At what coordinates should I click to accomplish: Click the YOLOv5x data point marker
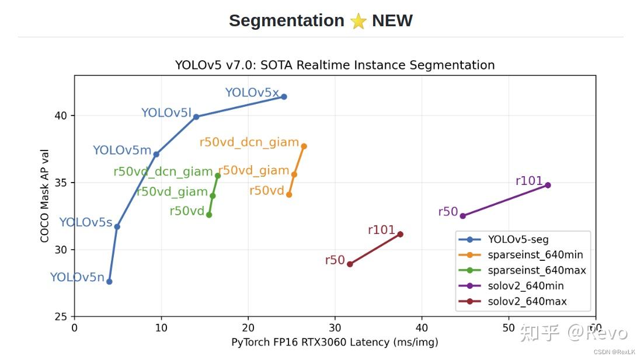click(x=284, y=97)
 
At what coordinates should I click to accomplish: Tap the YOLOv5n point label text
click(x=76, y=278)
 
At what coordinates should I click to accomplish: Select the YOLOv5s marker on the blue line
click(x=117, y=226)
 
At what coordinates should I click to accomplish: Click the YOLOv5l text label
click(x=166, y=113)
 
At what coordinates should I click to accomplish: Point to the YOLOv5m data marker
click(x=156, y=154)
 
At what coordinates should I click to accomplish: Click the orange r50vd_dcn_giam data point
click(x=304, y=146)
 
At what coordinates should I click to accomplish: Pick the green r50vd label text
click(x=187, y=211)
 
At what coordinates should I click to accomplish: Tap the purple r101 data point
click(x=548, y=185)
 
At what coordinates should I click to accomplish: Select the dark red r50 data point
click(x=350, y=264)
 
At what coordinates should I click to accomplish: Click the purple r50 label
click(x=448, y=212)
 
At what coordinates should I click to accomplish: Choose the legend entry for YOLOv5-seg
click(x=518, y=240)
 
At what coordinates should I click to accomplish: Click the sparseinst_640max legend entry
click(x=537, y=270)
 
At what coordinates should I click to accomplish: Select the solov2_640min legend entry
click(x=525, y=286)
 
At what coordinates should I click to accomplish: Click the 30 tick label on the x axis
click(x=335, y=328)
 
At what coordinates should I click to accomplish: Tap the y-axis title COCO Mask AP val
click(x=45, y=196)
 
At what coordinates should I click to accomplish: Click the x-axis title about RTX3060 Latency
click(x=335, y=342)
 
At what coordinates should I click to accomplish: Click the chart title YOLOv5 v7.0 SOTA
click(x=335, y=65)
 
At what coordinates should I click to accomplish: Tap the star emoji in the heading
click(x=358, y=22)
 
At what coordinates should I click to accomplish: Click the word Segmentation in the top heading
click(x=286, y=21)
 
